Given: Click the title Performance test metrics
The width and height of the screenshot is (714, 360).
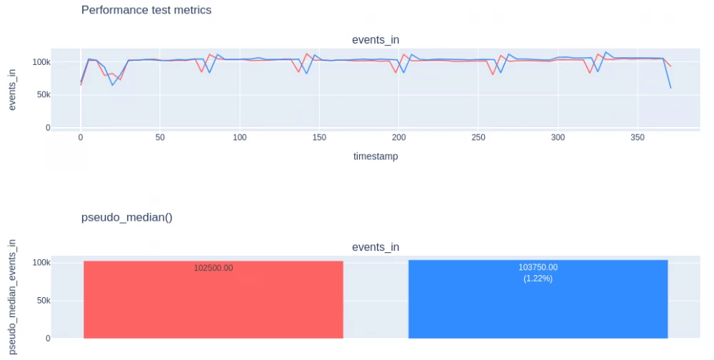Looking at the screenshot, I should pos(146,10).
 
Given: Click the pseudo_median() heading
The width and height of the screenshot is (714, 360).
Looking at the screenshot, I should pos(127,217).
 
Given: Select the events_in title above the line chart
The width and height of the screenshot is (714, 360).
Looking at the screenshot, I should pos(376,39).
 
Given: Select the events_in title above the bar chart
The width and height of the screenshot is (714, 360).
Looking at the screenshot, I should pos(376,247).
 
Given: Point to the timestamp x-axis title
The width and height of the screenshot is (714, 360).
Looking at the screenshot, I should pos(376,156).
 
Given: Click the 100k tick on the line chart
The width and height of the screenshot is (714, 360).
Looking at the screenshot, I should pos(39,62).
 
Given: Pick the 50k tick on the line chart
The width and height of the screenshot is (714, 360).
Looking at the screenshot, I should pos(41,95).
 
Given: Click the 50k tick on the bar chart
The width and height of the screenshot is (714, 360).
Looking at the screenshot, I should pos(41,301).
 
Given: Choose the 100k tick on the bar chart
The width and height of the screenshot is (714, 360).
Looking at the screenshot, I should pos(39,263).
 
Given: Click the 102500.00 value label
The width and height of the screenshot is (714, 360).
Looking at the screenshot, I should pos(213,268).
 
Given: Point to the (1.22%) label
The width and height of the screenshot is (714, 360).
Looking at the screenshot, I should pos(538,278).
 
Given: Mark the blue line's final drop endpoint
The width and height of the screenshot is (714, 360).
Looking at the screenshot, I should pos(670,88).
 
